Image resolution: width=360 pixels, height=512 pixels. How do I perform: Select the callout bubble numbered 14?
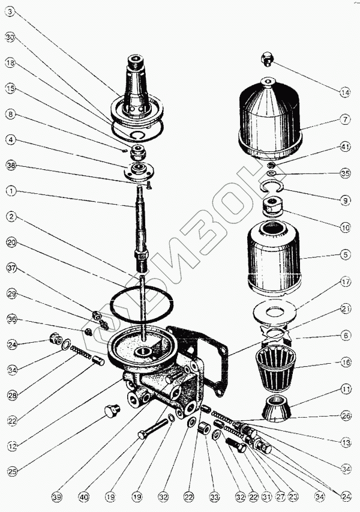point(344,92)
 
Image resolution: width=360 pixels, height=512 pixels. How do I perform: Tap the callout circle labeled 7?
point(344,119)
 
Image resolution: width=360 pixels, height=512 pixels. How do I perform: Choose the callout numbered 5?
point(344,254)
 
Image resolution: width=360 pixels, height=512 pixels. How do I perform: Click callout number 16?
point(344,363)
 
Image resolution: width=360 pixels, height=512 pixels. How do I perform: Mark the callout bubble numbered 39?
point(56,497)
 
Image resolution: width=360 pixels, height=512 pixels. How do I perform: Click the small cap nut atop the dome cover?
point(268,59)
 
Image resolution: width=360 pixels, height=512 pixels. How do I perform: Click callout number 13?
point(344,442)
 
